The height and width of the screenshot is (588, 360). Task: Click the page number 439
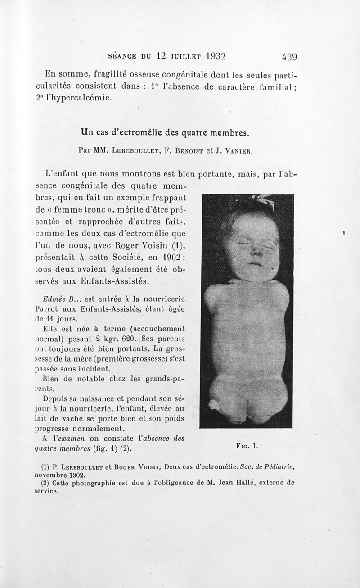289,57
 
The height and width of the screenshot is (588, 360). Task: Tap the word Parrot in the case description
46,309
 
